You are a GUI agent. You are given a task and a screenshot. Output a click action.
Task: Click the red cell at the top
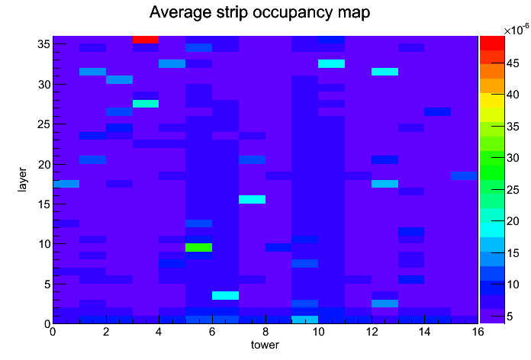(x=146, y=40)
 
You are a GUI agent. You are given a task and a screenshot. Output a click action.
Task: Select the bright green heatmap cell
(x=199, y=248)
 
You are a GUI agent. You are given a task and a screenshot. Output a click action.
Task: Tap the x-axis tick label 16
(x=478, y=332)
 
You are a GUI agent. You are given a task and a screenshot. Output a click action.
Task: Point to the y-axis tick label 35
(x=44, y=44)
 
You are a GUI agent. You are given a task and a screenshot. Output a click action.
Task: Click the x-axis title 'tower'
(x=265, y=345)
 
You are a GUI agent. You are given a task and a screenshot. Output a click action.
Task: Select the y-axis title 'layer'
(x=22, y=179)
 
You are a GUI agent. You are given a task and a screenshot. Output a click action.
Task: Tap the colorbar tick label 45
(x=513, y=63)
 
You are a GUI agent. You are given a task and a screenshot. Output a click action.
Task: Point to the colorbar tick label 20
(x=513, y=221)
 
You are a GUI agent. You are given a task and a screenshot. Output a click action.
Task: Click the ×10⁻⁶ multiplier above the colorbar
(x=516, y=31)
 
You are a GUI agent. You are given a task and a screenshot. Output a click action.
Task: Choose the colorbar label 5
(x=510, y=317)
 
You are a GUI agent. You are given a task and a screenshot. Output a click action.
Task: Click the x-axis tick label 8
(x=265, y=332)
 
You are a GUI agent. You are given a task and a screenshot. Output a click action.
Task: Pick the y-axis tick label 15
(x=44, y=204)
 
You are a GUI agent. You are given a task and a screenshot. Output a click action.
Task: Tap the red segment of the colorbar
(x=492, y=43)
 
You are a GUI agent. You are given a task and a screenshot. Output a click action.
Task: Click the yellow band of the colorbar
(x=492, y=100)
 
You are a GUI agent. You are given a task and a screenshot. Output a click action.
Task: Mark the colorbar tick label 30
(x=513, y=158)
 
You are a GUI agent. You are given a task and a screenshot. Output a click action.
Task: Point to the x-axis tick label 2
(x=106, y=332)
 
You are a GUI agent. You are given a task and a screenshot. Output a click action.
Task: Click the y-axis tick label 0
(x=47, y=324)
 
